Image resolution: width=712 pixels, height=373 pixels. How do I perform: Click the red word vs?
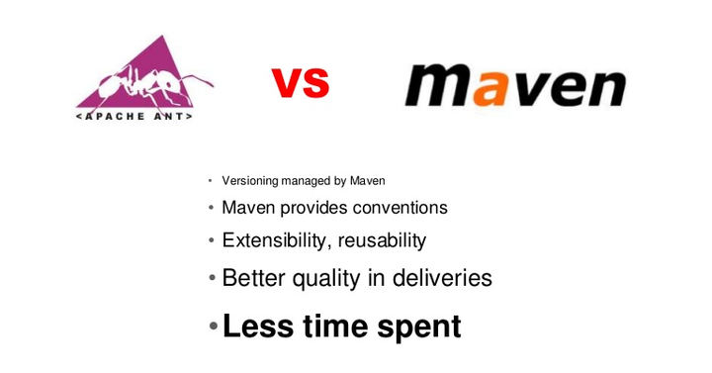pyautogui.click(x=300, y=83)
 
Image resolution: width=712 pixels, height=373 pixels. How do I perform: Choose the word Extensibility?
pyautogui.click(x=276, y=240)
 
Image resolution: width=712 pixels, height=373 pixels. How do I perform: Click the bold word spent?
pyautogui.click(x=419, y=327)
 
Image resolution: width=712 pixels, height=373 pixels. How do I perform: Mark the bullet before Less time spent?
pyautogui.click(x=213, y=326)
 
